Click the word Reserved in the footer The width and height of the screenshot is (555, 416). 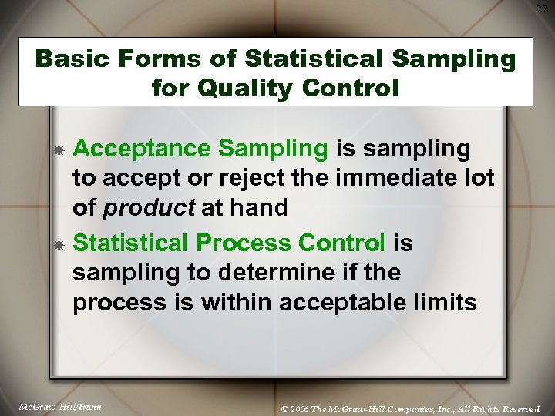pyautogui.click(x=520, y=406)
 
